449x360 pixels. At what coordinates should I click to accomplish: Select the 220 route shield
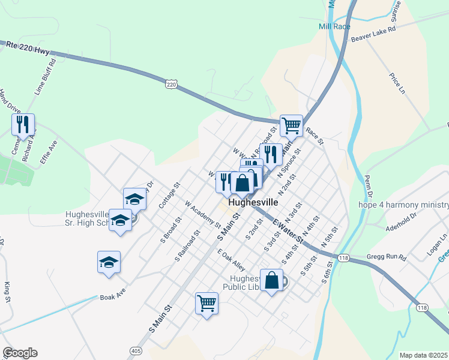click(172, 85)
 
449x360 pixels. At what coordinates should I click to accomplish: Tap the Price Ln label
click(397, 83)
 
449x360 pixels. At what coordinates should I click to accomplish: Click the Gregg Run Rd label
click(387, 258)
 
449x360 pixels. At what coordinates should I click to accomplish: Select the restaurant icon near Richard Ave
click(23, 125)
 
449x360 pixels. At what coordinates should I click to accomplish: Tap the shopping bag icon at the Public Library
click(271, 280)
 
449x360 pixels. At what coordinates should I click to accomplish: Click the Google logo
click(20, 353)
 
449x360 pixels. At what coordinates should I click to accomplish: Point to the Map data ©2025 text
click(423, 355)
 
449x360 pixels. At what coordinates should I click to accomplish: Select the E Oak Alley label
click(231, 260)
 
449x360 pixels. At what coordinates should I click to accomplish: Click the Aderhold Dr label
click(402, 221)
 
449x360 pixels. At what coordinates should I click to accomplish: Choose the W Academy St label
click(203, 214)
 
